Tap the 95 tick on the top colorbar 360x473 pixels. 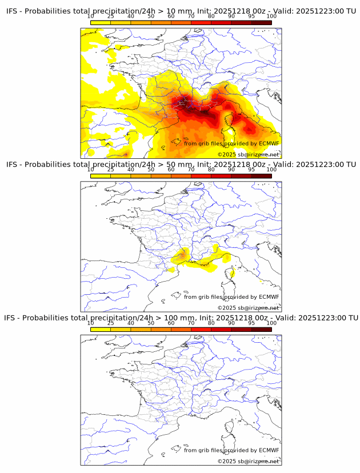point(251,17)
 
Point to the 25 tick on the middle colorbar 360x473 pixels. point(111,170)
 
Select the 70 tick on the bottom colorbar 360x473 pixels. point(191,323)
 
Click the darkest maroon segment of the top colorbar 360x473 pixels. point(261,22)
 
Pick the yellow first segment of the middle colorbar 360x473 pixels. point(101,175)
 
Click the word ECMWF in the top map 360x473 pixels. point(269,143)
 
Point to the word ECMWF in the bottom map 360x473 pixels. point(269,450)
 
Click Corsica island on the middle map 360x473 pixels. point(233,273)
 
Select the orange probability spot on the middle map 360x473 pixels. point(183,254)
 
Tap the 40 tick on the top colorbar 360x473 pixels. point(131,17)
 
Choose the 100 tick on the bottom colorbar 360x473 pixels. point(271,323)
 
